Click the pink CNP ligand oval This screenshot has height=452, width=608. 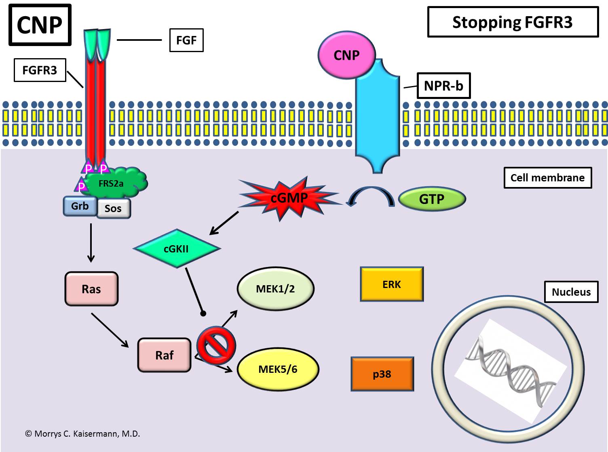346,55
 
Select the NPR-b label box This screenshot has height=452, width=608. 443,86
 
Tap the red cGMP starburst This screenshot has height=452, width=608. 289,198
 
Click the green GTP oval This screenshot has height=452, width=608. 432,199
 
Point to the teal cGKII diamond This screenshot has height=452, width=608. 176,248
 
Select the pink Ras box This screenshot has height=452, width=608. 91,289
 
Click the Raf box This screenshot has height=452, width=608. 164,355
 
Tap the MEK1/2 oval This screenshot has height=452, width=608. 275,289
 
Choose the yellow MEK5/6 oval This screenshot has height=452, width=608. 278,369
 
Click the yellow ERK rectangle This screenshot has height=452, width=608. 392,284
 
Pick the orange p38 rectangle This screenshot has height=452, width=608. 382,374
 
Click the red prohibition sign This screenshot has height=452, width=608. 216,346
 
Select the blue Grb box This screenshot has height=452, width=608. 80,206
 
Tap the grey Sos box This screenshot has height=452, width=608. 113,208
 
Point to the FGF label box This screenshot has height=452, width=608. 186,40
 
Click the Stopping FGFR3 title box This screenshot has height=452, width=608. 513,22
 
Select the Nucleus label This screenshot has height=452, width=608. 571,292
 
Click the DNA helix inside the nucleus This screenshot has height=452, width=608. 509,370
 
